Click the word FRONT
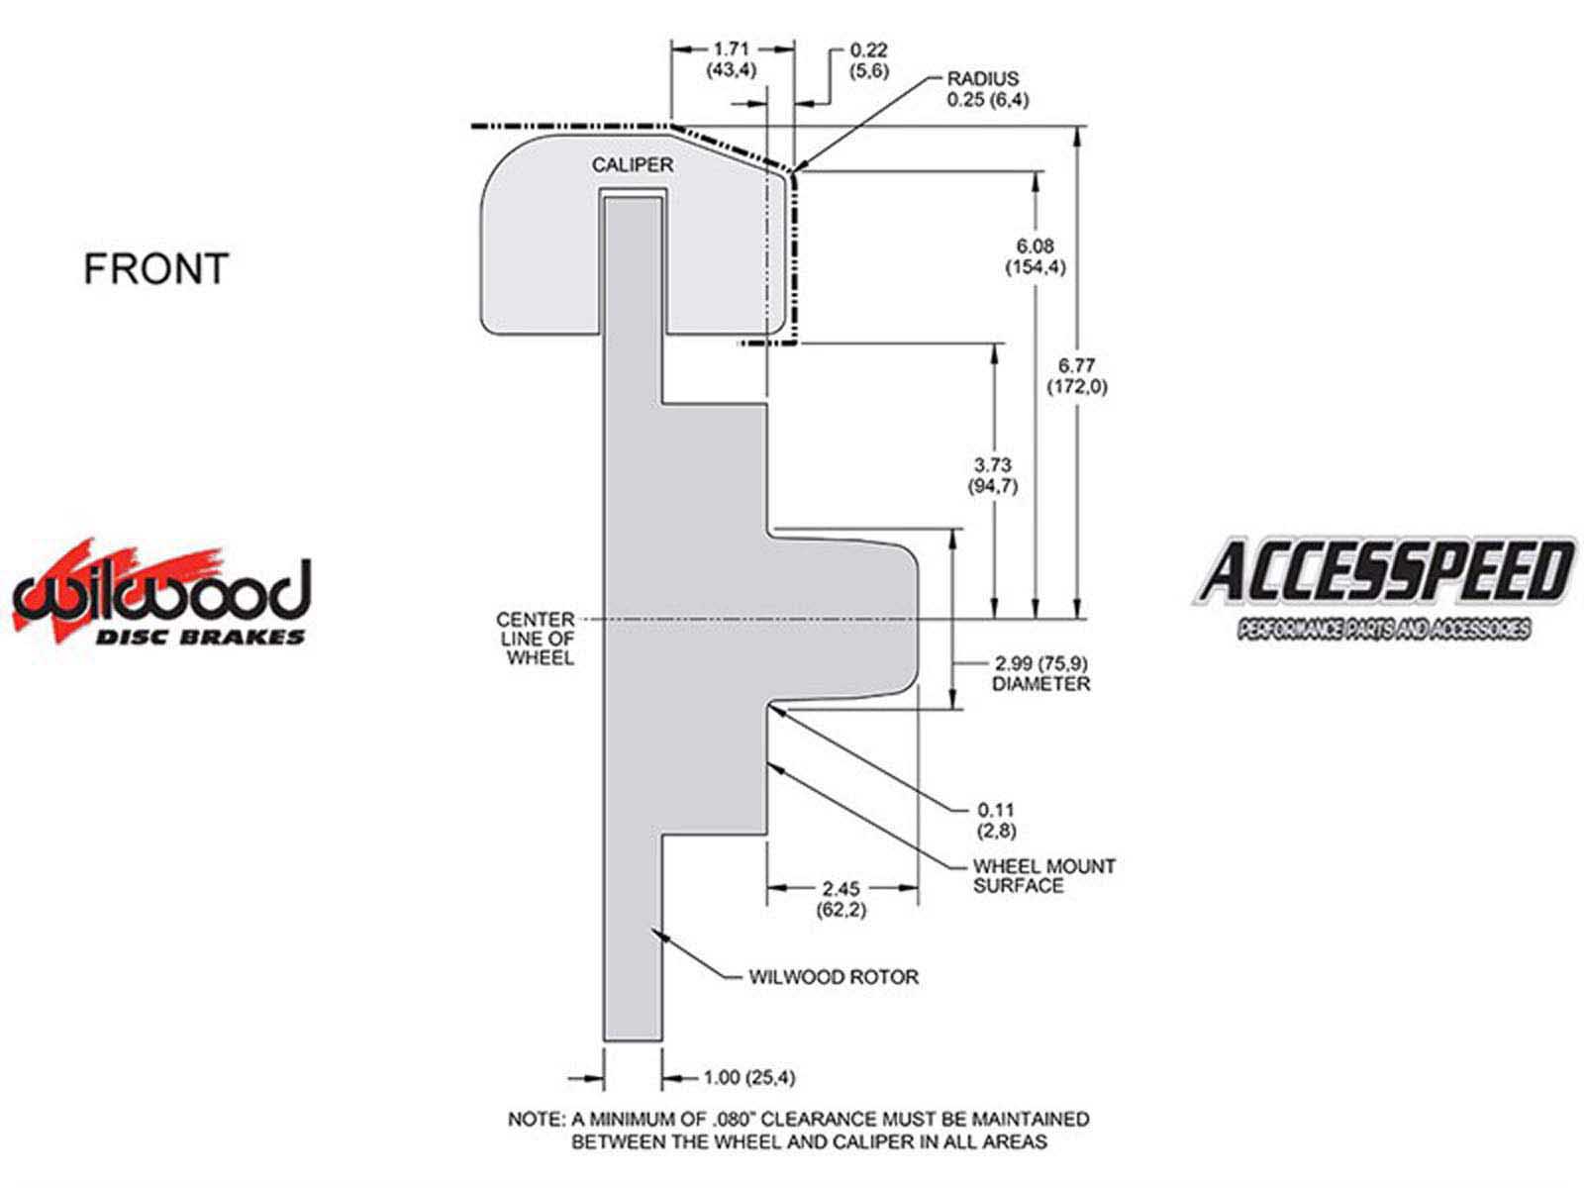pos(155,268)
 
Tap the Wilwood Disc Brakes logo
pos(161,591)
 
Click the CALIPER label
pos(633,165)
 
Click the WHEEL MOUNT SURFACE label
pos(1043,876)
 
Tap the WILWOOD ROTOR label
pos(834,977)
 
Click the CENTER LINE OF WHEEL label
pos(537,639)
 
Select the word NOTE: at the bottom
pos(537,1120)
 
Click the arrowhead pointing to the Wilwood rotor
pos(660,935)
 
